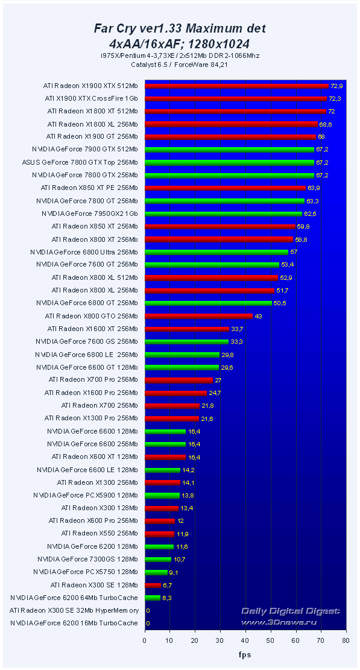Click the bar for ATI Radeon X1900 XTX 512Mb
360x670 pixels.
[236, 86]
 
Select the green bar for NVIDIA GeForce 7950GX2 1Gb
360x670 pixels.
[223, 213]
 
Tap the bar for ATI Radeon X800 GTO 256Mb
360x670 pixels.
[198, 316]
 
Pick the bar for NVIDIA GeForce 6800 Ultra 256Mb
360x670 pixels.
[216, 252]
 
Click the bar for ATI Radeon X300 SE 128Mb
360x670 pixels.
[153, 585]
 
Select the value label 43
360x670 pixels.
[258, 316]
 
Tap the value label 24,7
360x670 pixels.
[215, 393]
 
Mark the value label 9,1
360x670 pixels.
[175, 572]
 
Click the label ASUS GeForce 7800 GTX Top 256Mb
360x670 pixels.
[80, 162]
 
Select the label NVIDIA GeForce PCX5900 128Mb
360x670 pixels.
[86, 495]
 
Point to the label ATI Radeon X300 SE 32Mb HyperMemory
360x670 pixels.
[74, 610]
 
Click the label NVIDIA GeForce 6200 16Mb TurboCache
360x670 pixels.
[74, 623]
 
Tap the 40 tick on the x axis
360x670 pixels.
[245, 640]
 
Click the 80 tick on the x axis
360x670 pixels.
[345, 640]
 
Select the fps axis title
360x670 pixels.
[244, 655]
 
